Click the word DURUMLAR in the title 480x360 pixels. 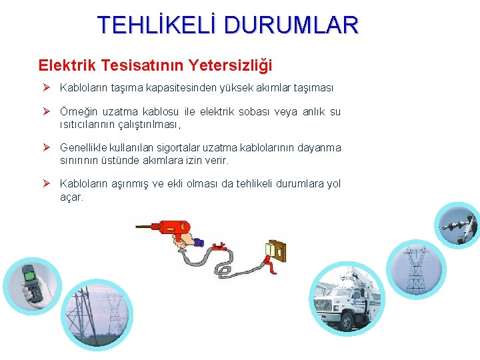291,25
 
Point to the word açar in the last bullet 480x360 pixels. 71,196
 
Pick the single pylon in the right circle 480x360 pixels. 414,270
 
